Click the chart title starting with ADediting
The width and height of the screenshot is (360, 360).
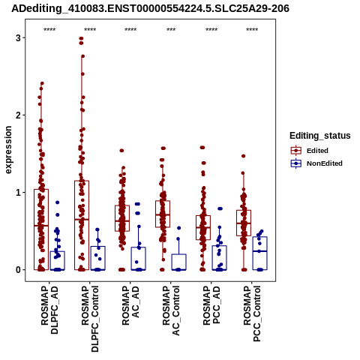click(150, 8)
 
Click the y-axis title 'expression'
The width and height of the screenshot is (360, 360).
click(8, 150)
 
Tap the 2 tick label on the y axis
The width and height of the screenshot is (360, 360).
click(18, 115)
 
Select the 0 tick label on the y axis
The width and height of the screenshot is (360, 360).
click(18, 270)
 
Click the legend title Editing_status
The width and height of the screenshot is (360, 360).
click(320, 136)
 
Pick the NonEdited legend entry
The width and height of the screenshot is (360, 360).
click(316, 163)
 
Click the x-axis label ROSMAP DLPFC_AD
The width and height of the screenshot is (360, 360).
click(49, 310)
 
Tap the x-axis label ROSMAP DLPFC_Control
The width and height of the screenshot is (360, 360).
click(90, 319)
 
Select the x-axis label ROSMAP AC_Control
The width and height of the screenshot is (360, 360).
click(171, 310)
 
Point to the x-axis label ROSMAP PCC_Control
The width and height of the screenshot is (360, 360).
click(252, 314)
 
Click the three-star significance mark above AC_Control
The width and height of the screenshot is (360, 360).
click(171, 30)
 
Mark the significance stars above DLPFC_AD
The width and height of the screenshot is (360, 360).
click(49, 30)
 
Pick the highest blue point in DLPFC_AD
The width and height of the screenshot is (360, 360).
click(57, 202)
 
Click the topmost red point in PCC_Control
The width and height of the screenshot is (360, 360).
click(243, 156)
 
